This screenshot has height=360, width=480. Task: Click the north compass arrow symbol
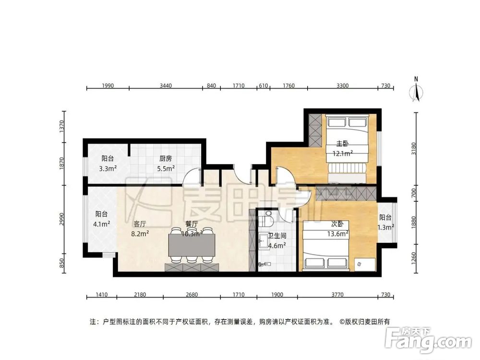point(417,92)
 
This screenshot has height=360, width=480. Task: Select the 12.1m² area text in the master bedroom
point(343,154)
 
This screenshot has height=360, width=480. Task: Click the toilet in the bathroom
point(268,220)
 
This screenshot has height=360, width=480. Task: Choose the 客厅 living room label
point(140,223)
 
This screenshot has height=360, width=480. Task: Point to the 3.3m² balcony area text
point(108,168)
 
